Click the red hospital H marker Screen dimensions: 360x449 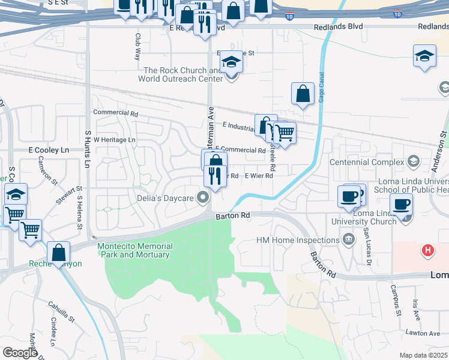pos(427,250)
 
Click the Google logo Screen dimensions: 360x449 pos(20,353)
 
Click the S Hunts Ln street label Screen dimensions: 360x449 pos(88,150)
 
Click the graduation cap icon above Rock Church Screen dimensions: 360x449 pos(231,62)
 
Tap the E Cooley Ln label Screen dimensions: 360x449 pos(49,149)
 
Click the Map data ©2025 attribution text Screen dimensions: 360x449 pos(423,355)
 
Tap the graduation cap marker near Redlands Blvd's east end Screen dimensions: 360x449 pos(424,57)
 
